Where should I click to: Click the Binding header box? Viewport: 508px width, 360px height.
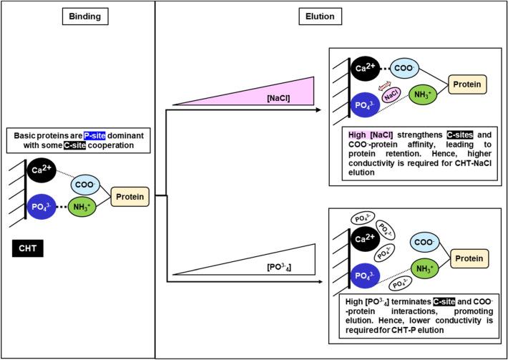(x=77, y=14)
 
